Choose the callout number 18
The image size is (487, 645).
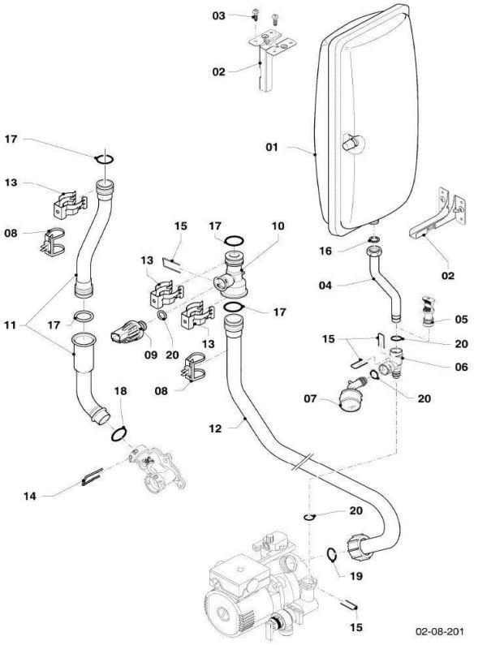(121, 390)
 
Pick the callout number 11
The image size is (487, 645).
(11, 326)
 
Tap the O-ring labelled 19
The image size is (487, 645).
(332, 554)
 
